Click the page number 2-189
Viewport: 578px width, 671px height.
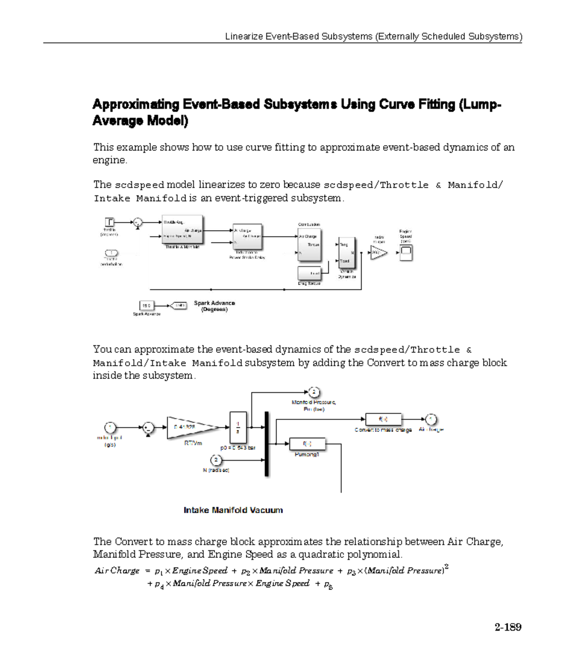pos(508,627)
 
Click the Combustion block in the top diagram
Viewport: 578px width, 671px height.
pos(309,245)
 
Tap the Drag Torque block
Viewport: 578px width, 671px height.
pos(309,273)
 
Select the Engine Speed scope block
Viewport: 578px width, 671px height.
pos(406,252)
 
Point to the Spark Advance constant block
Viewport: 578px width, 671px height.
pos(146,305)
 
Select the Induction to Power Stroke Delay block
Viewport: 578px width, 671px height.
pos(247,236)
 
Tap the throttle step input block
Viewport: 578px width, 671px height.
pos(110,222)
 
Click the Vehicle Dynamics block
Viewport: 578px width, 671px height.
pos(346,253)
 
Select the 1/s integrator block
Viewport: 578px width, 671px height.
pos(238,427)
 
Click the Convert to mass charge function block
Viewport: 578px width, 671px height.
pos(383,419)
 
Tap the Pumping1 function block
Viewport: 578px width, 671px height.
pos(307,444)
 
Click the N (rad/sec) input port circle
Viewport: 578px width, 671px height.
pos(216,460)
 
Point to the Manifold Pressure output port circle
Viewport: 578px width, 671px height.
pos(314,392)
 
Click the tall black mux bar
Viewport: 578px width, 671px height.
pos(266,443)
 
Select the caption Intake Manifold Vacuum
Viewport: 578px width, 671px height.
pos(233,510)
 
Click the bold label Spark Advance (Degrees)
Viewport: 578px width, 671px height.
pos(214,306)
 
